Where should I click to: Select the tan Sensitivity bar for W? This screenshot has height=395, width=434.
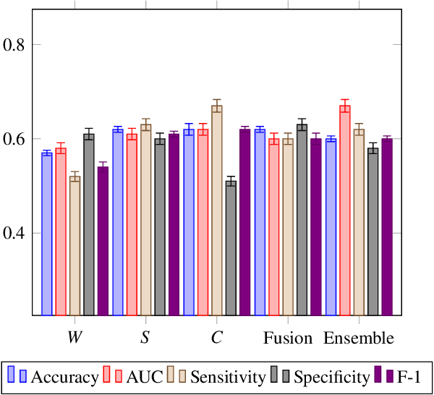pyautogui.click(x=75, y=246)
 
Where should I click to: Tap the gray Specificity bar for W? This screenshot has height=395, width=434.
pyautogui.click(x=89, y=224)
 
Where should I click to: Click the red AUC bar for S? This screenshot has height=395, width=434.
pyautogui.click(x=132, y=224)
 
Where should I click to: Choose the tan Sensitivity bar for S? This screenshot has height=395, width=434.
pyautogui.click(x=145, y=220)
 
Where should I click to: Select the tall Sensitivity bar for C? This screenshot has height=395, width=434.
pyautogui.click(x=216, y=210)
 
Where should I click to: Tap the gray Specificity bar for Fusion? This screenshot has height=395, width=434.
pyautogui.click(x=302, y=220)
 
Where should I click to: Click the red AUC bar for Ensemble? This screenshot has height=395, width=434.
pyautogui.click(x=344, y=210)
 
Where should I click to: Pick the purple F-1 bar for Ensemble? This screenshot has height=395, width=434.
pyautogui.click(x=387, y=227)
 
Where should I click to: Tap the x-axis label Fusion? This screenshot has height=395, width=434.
pyautogui.click(x=288, y=339)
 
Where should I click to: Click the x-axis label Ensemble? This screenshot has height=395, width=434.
pyautogui.click(x=359, y=339)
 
